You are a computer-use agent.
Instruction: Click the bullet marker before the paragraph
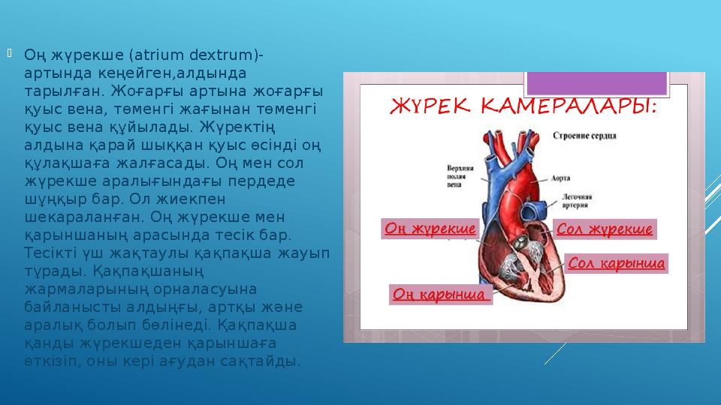[10, 53]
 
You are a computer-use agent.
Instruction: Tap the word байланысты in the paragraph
[65, 307]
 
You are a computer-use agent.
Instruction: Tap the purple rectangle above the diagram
[597, 82]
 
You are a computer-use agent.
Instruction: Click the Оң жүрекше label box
[430, 229]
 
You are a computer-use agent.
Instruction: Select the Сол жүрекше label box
[605, 229]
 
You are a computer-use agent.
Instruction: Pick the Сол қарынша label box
[617, 264]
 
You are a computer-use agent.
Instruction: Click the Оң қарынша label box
[441, 294]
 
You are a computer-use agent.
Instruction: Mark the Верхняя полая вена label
[462, 172]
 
